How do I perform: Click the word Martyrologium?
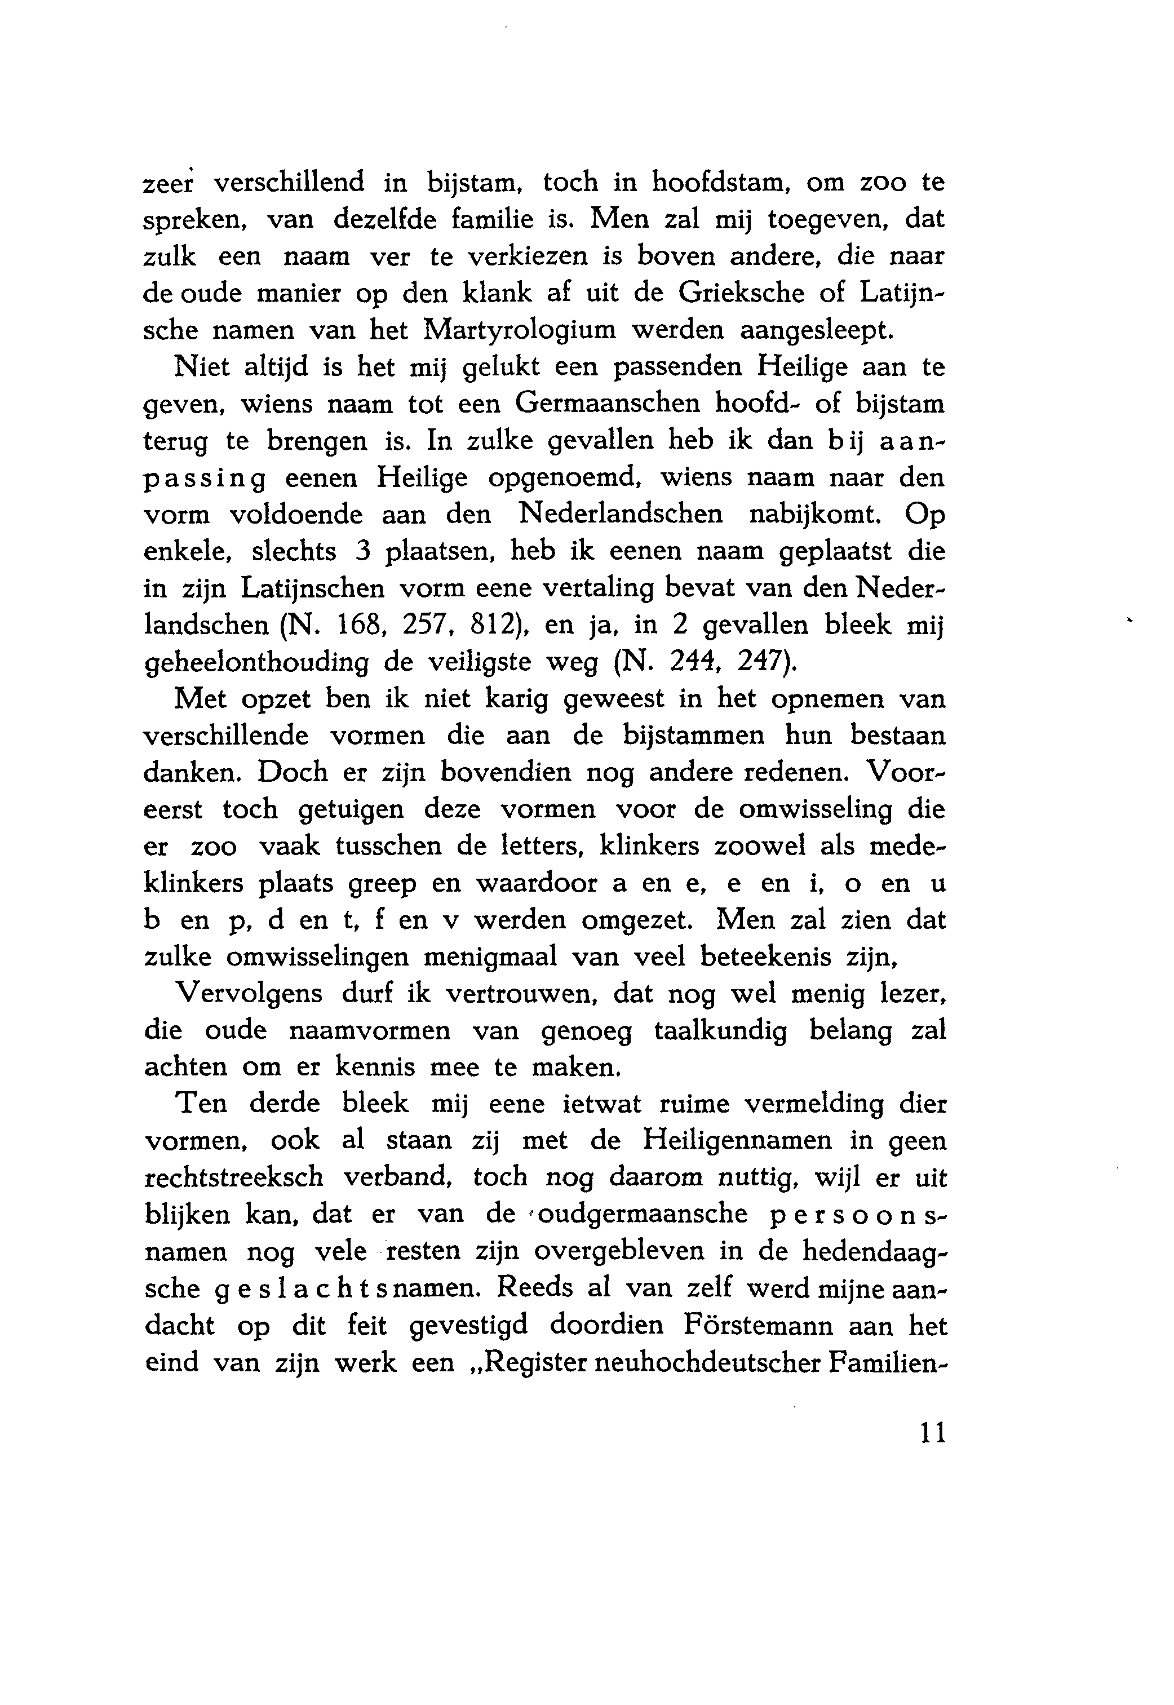pos(520,330)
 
